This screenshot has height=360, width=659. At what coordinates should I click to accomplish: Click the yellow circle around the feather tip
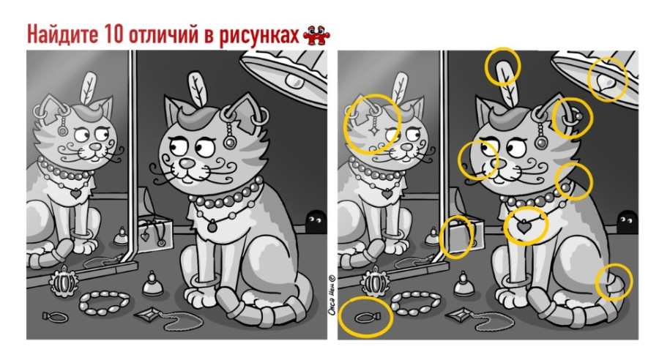coord(504,67)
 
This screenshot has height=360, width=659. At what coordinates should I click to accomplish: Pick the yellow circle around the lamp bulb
coord(608,79)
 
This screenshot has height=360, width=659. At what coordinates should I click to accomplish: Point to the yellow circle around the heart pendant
coord(526,225)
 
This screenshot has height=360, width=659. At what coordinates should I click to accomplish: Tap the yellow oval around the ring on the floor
coord(366,317)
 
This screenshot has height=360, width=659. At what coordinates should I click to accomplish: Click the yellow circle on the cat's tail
coord(614,283)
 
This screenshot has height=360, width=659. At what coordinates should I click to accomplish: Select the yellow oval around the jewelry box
coord(455,237)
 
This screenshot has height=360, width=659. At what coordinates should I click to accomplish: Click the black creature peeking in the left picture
coord(316,218)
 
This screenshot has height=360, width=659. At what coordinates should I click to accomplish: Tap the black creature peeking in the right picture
coord(625,218)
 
